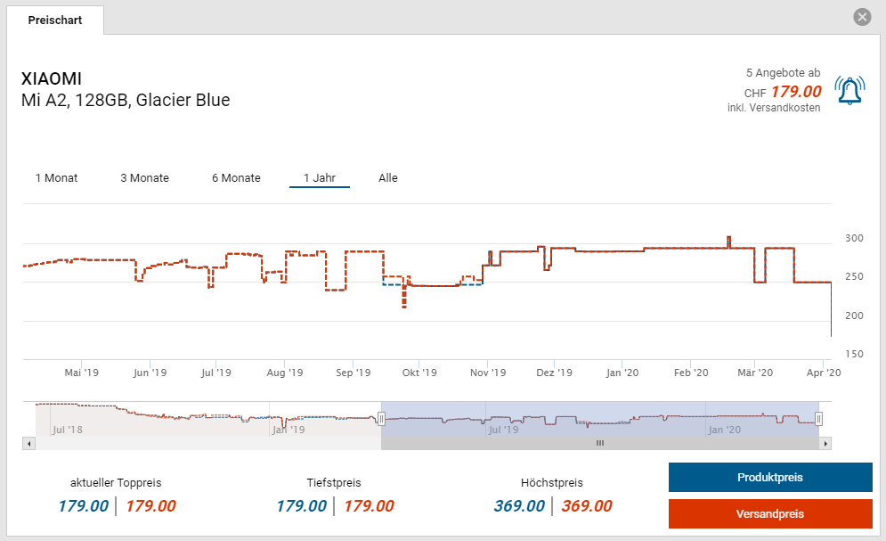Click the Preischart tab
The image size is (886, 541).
(54, 20)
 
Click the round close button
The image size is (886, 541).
(861, 17)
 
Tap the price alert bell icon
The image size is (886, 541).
(849, 91)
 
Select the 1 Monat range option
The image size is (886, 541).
(56, 178)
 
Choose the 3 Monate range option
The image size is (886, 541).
(144, 178)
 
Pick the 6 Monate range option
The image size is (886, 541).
(236, 178)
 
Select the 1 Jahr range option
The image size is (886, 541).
(319, 178)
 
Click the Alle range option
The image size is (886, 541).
(387, 178)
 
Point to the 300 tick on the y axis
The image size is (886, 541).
(854, 238)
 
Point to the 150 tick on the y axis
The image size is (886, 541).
(854, 354)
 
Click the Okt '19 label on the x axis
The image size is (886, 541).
(419, 373)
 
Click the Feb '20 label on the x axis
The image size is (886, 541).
(690, 373)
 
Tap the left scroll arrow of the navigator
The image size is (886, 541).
(29, 443)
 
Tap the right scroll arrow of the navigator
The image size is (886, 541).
(825, 443)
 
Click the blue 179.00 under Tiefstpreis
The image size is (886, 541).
(301, 506)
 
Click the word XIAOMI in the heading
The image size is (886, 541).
(52, 79)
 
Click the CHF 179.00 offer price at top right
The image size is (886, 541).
(795, 92)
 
